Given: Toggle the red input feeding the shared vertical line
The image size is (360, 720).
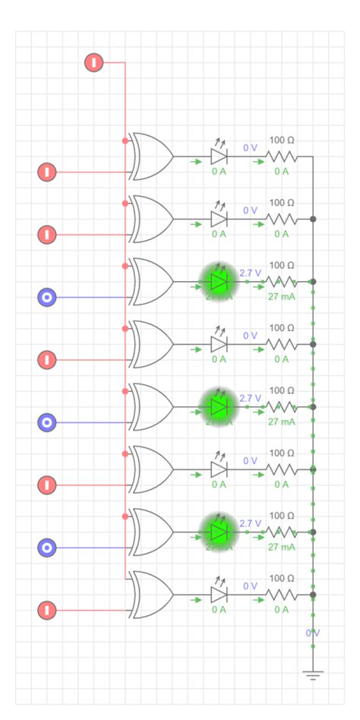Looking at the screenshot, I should pyautogui.click(x=93, y=62).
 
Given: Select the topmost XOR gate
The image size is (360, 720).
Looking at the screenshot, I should pyautogui.click(x=151, y=156).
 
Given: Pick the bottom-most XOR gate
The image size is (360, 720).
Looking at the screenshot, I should pyautogui.click(x=151, y=594).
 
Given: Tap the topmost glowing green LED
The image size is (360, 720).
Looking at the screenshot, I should pyautogui.click(x=219, y=281).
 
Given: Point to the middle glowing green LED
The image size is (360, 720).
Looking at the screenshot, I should pyautogui.click(x=219, y=406).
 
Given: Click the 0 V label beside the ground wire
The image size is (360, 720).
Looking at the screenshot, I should pyautogui.click(x=312, y=633).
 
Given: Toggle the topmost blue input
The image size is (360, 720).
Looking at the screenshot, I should pyautogui.click(x=47, y=297).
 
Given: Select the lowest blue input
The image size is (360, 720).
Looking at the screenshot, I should pyautogui.click(x=47, y=547).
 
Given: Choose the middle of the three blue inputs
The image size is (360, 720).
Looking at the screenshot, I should pyautogui.click(x=47, y=422).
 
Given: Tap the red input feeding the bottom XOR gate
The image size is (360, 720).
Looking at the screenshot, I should pyautogui.click(x=47, y=610).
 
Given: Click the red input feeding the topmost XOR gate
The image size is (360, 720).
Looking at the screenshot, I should pyautogui.click(x=47, y=172).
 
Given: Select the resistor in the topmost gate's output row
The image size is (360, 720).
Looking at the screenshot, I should pyautogui.click(x=281, y=156).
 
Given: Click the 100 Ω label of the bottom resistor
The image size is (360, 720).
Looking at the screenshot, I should pyautogui.click(x=282, y=578).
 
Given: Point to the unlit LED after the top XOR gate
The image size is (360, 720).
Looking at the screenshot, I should pyautogui.click(x=219, y=156).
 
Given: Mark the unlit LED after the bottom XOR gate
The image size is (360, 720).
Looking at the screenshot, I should pyautogui.click(x=219, y=594).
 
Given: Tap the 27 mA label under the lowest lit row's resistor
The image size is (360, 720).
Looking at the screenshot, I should pyautogui.click(x=281, y=547).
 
